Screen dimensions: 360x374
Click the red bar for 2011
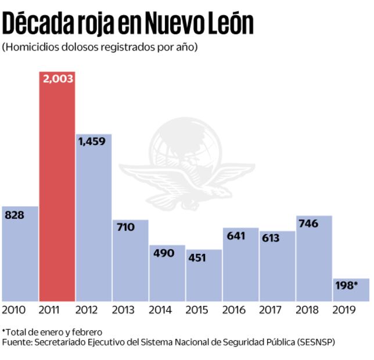[x=57, y=192]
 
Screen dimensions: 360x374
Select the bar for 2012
[x=93, y=221]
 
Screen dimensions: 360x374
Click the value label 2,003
[x=57, y=78]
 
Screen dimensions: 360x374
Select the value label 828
[x=15, y=215]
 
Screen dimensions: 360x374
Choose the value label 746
[x=308, y=223]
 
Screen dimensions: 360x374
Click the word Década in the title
[x=38, y=24]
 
